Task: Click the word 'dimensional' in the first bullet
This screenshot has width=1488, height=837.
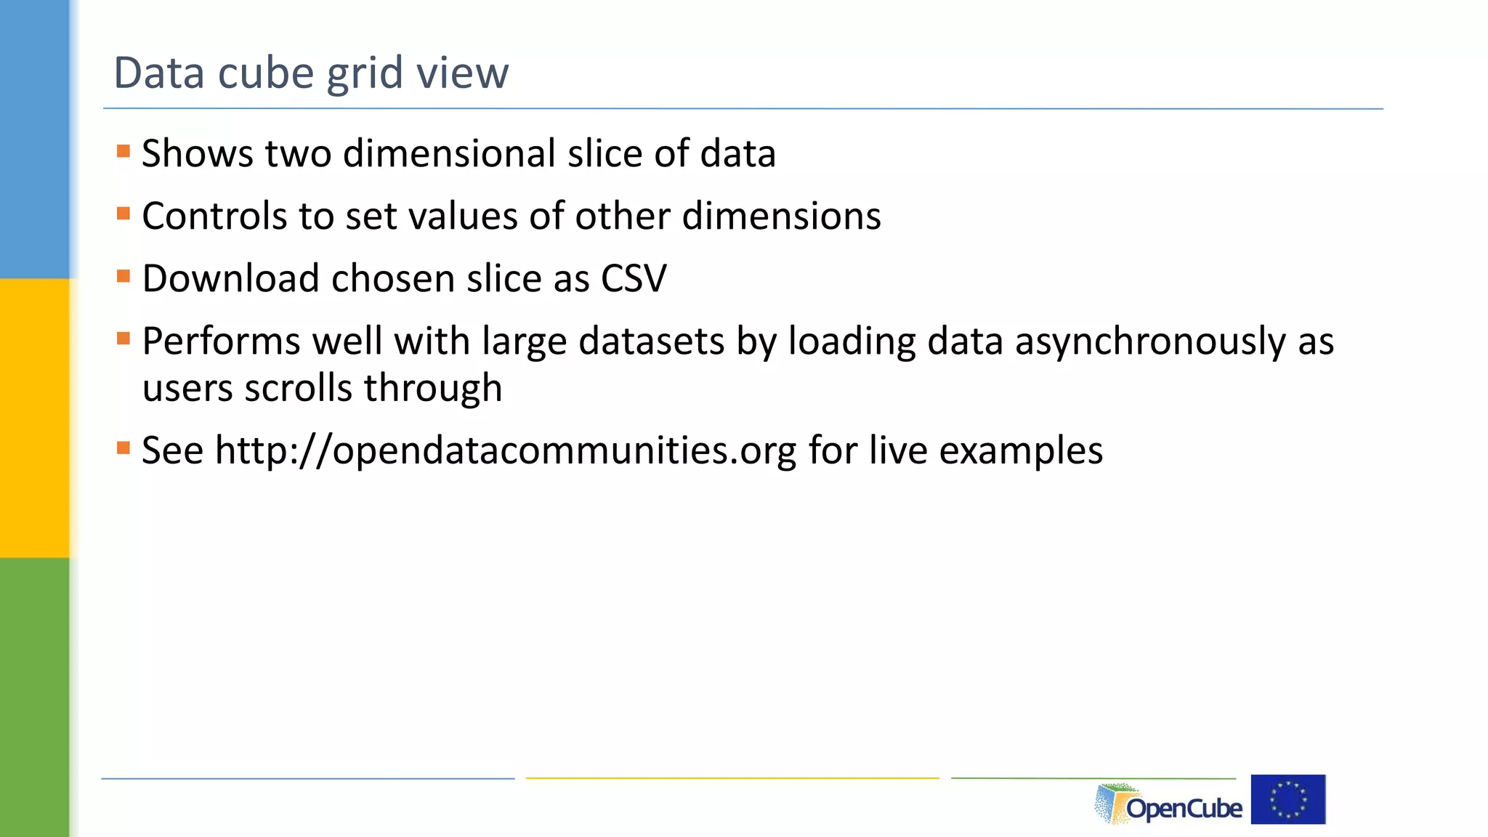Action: pos(449,153)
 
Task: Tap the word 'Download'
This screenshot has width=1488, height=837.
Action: pos(230,278)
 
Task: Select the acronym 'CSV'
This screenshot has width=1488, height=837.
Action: pos(633,278)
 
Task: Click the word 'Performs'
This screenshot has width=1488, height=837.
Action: pos(221,341)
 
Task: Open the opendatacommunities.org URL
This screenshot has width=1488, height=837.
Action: pos(506,450)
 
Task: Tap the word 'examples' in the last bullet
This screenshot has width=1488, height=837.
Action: pos(1021,450)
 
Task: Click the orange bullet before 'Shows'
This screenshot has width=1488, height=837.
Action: pos(124,151)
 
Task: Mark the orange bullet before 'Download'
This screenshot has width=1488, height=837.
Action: pos(124,276)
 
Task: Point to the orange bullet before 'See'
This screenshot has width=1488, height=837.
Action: pos(124,448)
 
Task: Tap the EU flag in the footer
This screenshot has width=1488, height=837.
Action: pos(1288,799)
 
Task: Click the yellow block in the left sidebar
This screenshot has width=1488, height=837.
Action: pos(34,418)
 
